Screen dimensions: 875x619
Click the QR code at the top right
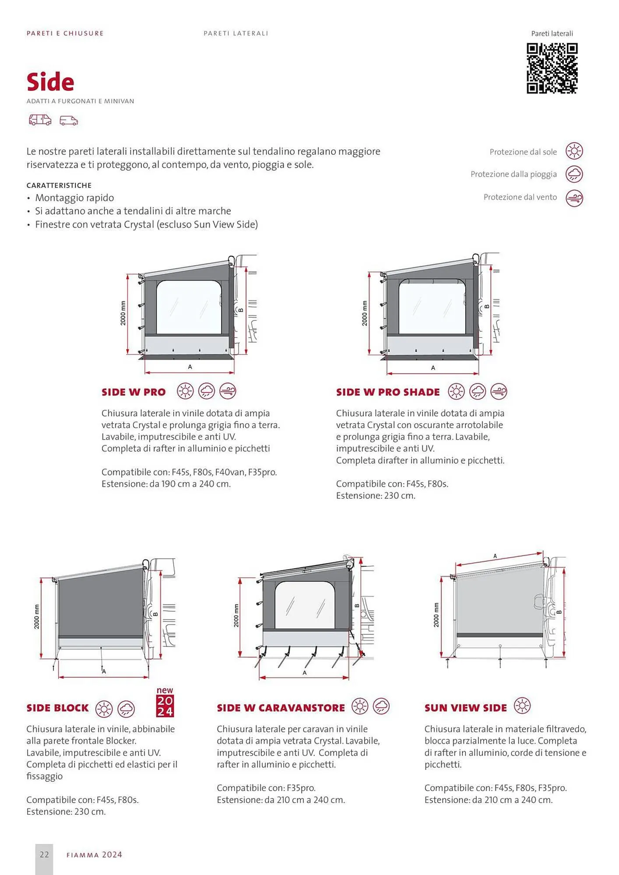tap(552, 68)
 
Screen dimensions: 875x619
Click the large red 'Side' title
tap(50, 82)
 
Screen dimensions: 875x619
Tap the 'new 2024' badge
tap(165, 702)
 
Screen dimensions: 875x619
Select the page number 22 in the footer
tap(44, 854)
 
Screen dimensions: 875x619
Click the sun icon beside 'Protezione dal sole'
tap(574, 151)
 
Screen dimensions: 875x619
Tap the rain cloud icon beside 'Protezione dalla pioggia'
tap(574, 174)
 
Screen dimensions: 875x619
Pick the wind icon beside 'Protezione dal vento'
tap(574, 198)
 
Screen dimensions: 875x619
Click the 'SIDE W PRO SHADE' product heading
tap(388, 392)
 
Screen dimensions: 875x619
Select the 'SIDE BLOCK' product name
tap(57, 708)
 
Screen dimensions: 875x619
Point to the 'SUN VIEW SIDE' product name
tap(465, 708)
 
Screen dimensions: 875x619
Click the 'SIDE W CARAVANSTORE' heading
tap(281, 708)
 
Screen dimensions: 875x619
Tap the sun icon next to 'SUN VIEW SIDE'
tap(522, 706)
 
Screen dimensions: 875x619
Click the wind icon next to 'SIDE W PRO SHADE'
tap(499, 391)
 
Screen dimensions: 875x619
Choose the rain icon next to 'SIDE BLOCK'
tap(126, 709)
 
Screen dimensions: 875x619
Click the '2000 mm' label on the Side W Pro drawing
tap(123, 313)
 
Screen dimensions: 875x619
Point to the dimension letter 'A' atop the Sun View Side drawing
tap(495, 556)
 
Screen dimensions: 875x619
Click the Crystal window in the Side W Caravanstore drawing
tap(305, 605)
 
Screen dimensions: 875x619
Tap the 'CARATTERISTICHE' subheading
tap(59, 185)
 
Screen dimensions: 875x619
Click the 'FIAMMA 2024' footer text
tap(94, 855)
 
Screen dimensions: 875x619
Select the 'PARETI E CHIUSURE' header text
tap(65, 33)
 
